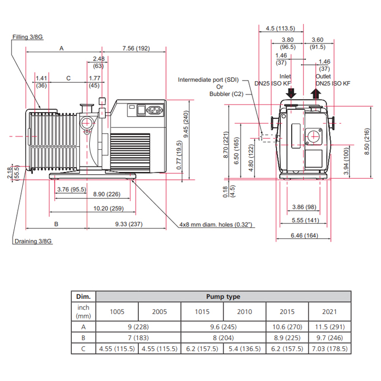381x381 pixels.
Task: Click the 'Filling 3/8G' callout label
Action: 28,37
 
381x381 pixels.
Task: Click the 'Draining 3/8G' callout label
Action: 33,241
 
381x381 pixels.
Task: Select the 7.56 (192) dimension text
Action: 136,48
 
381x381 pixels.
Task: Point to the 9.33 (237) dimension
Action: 129,224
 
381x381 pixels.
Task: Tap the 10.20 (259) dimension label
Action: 109,208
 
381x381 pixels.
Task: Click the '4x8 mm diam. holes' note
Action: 216,224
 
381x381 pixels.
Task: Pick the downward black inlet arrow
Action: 291,93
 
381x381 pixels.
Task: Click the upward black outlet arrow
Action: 316,93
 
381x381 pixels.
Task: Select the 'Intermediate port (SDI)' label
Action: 208,79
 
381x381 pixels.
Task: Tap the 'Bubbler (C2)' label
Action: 226,94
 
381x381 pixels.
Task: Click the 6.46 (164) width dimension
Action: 304,236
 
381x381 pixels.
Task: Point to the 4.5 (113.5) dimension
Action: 280,28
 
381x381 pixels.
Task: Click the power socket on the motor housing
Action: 155,110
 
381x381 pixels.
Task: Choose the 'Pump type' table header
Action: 223,297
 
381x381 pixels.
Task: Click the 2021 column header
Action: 329,312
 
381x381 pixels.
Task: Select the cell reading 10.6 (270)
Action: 287,327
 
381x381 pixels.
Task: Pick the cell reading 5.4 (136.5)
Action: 244,349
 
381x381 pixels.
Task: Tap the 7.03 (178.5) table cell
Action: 330,349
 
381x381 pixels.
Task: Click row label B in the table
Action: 83,338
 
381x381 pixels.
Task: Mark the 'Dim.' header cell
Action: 83,297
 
